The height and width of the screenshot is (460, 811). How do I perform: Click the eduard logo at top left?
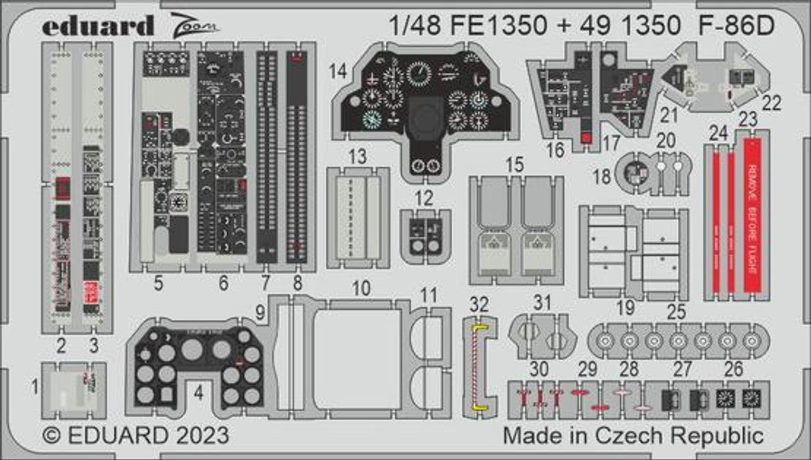tap(98, 25)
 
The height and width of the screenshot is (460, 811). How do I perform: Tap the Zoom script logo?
tap(194, 25)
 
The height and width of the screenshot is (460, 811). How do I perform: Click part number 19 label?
tap(626, 309)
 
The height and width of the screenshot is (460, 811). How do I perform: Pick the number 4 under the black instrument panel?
tap(199, 393)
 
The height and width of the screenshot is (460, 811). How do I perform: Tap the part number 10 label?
tap(361, 289)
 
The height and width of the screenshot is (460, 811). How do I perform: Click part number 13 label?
tap(357, 156)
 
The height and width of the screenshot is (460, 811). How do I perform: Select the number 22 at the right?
tap(772, 103)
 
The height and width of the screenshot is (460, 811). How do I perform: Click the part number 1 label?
tap(35, 385)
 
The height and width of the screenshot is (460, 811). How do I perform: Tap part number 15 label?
tap(515, 165)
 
